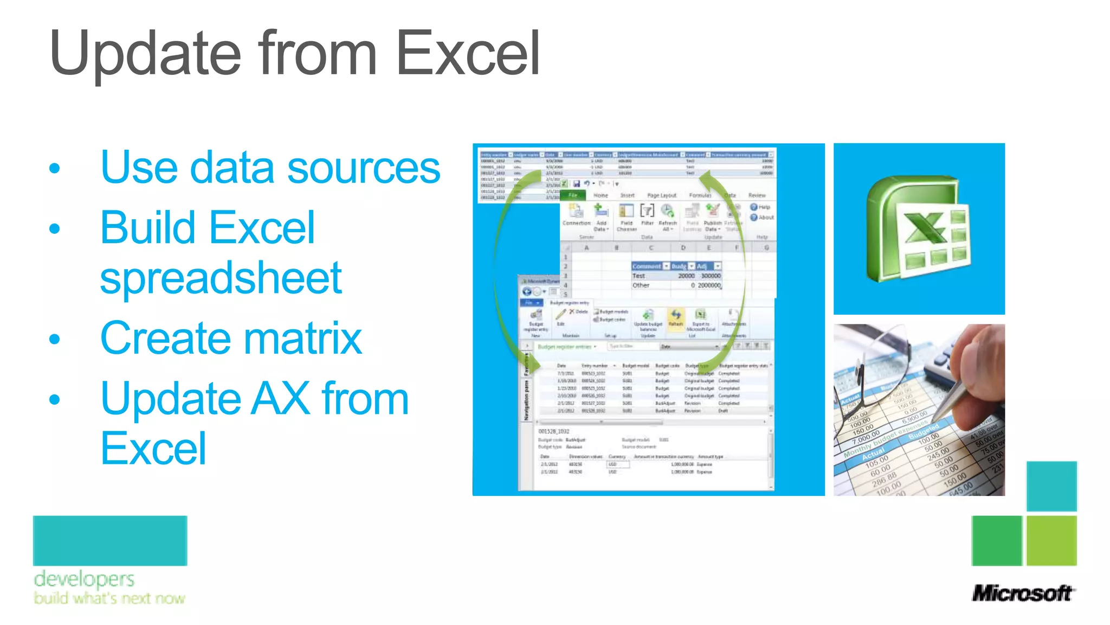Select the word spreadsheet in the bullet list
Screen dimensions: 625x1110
(x=221, y=278)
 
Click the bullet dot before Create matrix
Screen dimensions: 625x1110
(x=54, y=340)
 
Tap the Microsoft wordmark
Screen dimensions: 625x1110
(x=1022, y=593)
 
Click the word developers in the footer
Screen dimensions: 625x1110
(x=84, y=579)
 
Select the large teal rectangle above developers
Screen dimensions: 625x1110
(x=110, y=540)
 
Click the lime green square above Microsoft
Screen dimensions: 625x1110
(x=1051, y=540)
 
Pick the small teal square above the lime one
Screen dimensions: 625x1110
(x=1051, y=486)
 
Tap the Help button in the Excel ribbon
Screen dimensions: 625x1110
(x=760, y=207)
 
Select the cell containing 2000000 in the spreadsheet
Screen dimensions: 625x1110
(x=708, y=285)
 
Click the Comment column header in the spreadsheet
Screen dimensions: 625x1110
(x=647, y=266)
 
